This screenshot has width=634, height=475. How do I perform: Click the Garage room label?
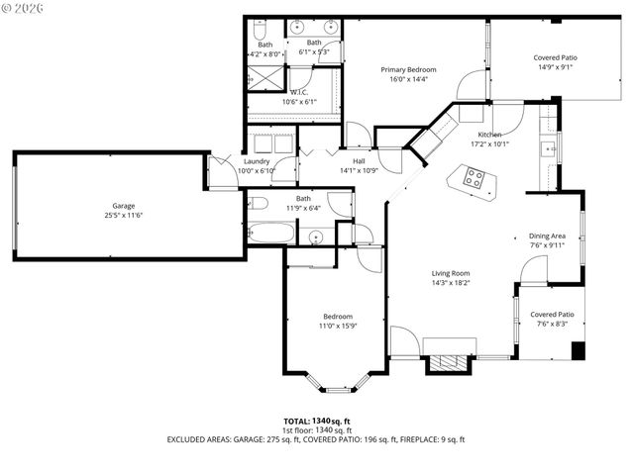123,206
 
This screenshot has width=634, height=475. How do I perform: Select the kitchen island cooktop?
475,179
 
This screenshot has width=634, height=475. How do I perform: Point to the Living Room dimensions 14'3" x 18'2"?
450,283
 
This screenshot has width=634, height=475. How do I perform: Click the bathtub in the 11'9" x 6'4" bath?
271,236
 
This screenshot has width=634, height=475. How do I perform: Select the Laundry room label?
257,161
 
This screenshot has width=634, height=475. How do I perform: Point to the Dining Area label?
547,236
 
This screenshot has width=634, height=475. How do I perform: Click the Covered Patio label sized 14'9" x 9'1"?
555,58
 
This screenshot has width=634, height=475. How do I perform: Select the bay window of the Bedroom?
337,382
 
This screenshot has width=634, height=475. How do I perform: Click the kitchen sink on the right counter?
547,149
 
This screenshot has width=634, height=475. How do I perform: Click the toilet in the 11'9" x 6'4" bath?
258,204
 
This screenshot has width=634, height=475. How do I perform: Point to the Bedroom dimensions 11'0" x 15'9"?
337,325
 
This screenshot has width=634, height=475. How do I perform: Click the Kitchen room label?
489,135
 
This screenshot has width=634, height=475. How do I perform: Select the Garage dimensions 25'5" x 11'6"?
123,215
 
